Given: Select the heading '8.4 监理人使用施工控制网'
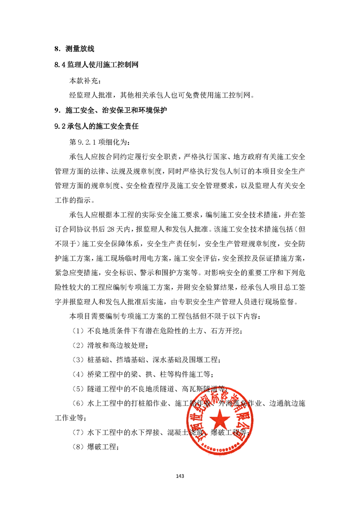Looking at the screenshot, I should (95, 65).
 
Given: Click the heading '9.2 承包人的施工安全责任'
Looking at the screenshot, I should (96, 127).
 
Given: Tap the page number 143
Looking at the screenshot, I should (180, 476).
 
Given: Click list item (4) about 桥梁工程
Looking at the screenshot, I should (142, 375).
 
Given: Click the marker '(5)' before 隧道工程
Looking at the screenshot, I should (78, 389).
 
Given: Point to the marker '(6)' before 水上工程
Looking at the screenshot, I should (78, 404).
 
